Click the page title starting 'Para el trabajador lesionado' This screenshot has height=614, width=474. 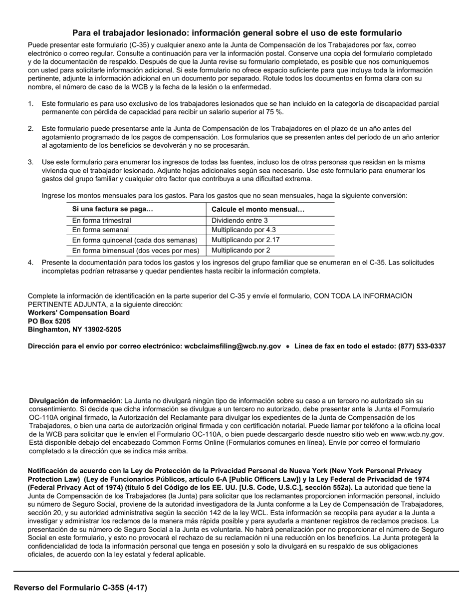(x=237, y=33)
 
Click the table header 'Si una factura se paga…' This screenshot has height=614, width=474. (x=113, y=209)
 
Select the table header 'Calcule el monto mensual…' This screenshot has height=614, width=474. (x=258, y=209)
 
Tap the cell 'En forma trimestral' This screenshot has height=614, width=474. (x=102, y=220)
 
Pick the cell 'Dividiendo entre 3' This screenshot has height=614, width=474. (x=239, y=220)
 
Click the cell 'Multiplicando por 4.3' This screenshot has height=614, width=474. (x=243, y=230)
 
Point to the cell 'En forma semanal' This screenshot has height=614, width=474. (x=100, y=230)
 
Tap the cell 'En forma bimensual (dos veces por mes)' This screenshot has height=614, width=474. (x=136, y=251)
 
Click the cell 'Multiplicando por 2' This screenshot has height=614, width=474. (x=240, y=251)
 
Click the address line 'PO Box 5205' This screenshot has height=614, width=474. (x=49, y=321)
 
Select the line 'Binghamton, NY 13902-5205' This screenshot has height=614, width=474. (x=74, y=329)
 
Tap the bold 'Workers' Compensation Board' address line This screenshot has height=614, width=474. (x=79, y=312)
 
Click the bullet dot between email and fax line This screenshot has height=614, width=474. (x=288, y=346)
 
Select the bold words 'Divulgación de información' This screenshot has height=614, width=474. (x=75, y=400)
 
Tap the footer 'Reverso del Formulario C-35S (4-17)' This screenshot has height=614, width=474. (x=80, y=588)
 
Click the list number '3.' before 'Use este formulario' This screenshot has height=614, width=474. (x=31, y=162)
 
